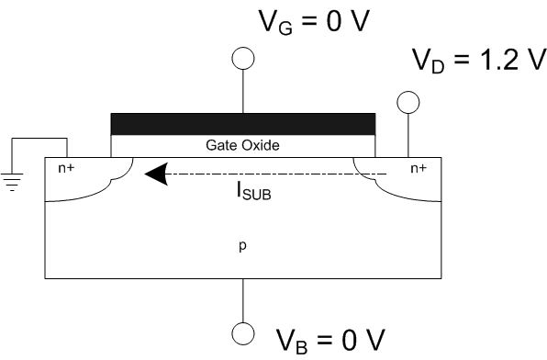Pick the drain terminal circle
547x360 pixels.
(407, 101)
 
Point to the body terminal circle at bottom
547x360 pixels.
(242, 332)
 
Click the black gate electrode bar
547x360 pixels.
(242, 123)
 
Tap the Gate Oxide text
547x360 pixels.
(242, 146)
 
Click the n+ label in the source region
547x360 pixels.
(67, 168)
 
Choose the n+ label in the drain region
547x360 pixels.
(418, 168)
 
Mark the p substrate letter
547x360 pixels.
(242, 245)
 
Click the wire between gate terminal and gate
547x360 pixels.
(242, 91)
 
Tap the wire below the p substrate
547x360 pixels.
(242, 299)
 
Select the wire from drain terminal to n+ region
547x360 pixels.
(407, 135)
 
